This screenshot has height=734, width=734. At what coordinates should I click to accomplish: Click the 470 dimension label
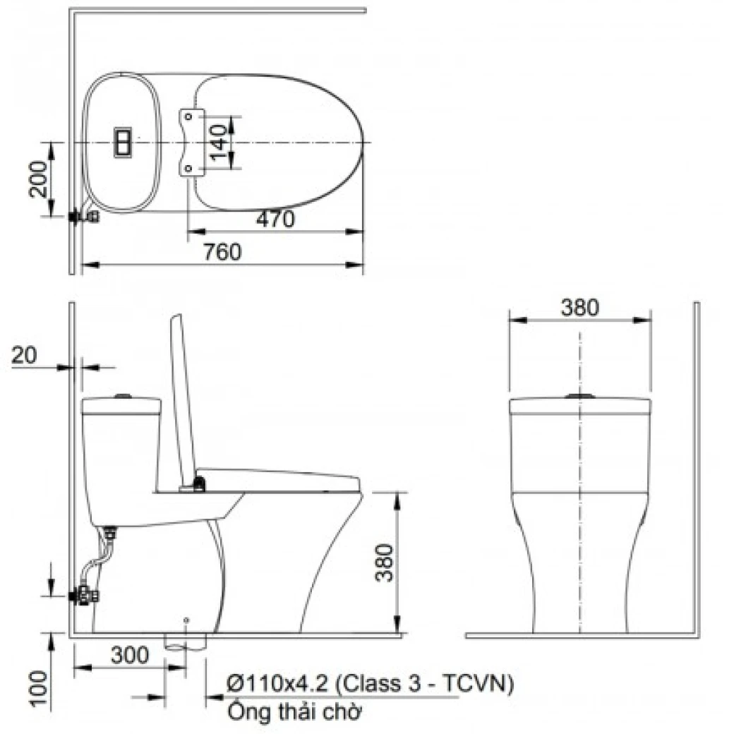pyautogui.click(x=275, y=219)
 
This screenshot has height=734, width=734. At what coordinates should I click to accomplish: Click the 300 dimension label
pyautogui.click(x=130, y=656)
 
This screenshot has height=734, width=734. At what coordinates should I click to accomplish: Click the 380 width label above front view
pyautogui.click(x=579, y=308)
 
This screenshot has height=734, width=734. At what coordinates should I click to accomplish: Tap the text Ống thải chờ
pyautogui.click(x=294, y=711)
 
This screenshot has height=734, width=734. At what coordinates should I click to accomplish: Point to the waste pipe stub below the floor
pyautogui.click(x=186, y=642)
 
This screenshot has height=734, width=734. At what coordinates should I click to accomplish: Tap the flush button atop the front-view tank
pyautogui.click(x=580, y=397)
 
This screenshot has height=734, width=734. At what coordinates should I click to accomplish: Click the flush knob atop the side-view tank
pyautogui.click(x=124, y=397)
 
